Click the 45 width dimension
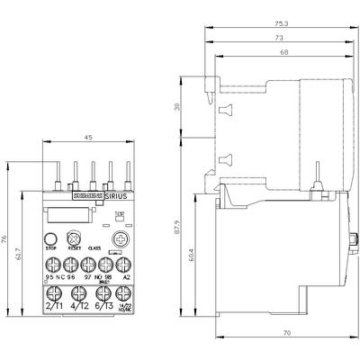pyautogui.click(x=88, y=138)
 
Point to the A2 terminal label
pyautogui.click(x=126, y=279)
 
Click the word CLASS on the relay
pyautogui.click(x=93, y=247)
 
